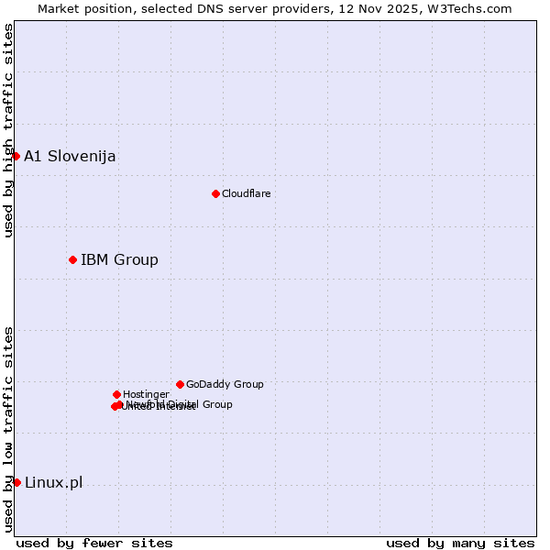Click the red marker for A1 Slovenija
coord(16,156)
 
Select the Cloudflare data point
coord(215,193)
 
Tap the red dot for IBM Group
coord(72,259)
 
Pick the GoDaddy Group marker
coord(180,384)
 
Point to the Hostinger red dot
coord(116,394)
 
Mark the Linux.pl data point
coord(16,482)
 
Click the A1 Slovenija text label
coord(70,156)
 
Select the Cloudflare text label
coord(246,193)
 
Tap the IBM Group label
coord(119,259)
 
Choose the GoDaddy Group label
coord(225,384)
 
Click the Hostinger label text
coord(146,394)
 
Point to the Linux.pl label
coord(53,482)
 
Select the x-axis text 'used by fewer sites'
coord(94,543)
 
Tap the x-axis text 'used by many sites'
coord(460,543)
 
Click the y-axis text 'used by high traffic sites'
coord(8,130)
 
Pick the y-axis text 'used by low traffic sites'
coord(8,429)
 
